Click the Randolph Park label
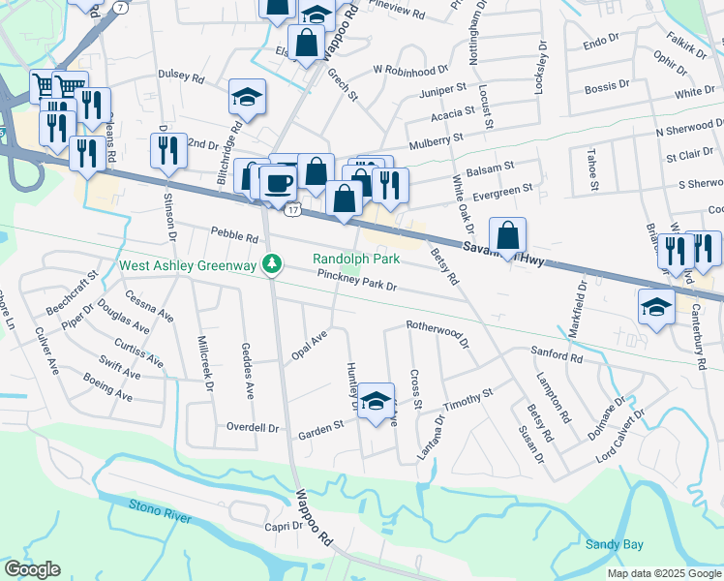[355, 259]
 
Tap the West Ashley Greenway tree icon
[274, 264]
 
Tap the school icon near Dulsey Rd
[247, 97]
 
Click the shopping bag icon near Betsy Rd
[508, 234]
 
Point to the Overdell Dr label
[253, 427]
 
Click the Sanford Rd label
[556, 357]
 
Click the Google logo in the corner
[32, 569]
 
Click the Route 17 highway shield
[292, 208]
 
